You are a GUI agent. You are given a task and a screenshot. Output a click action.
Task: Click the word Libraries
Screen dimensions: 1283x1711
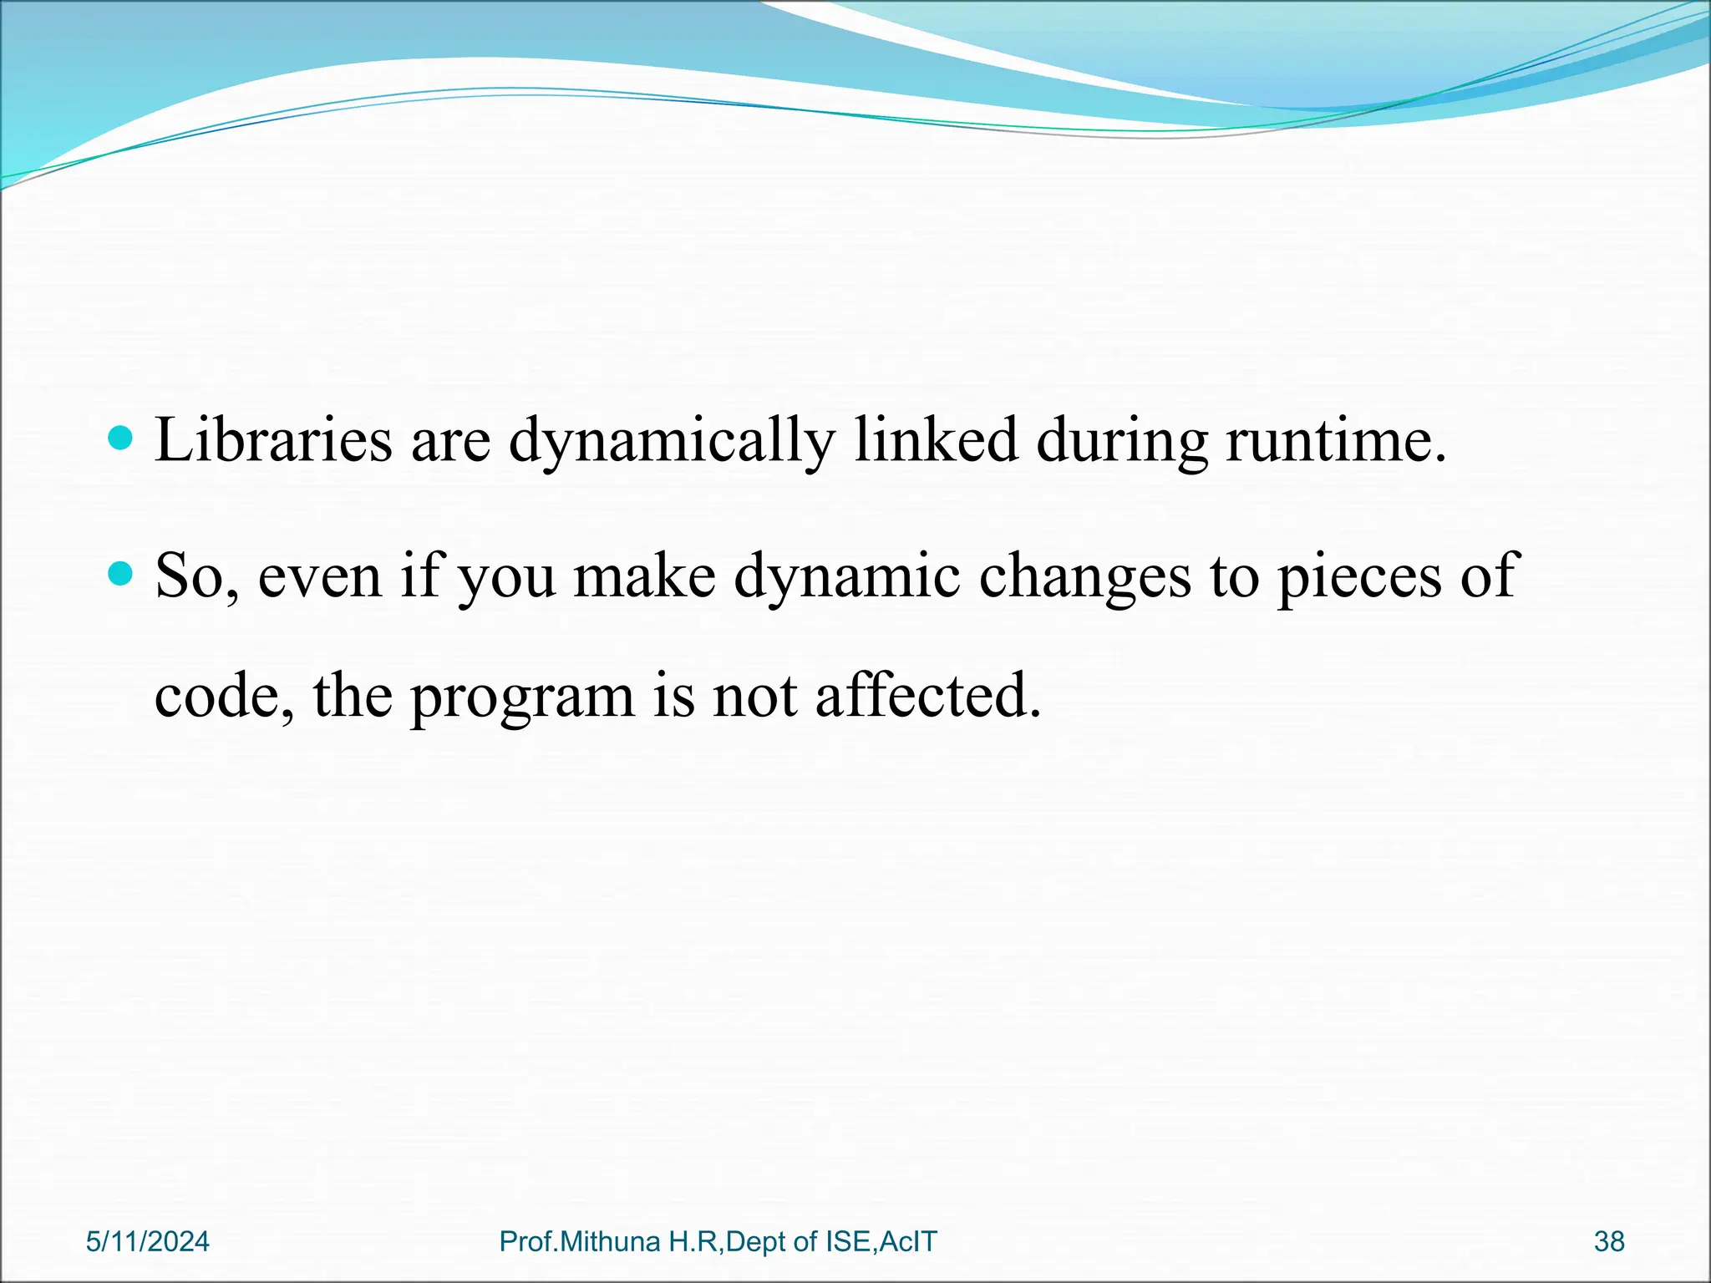(x=273, y=440)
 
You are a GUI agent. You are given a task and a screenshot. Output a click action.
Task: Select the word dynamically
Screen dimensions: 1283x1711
(x=672, y=440)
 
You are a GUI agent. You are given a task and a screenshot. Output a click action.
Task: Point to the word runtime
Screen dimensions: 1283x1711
(x=1335, y=440)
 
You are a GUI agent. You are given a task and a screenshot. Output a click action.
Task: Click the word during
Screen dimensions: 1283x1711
(x=1122, y=440)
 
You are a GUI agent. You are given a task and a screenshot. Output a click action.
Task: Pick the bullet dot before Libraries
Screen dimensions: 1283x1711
(x=121, y=437)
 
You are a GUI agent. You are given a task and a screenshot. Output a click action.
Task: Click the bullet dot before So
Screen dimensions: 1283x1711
(x=121, y=573)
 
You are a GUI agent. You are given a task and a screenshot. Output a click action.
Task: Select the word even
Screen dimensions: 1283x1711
(x=319, y=576)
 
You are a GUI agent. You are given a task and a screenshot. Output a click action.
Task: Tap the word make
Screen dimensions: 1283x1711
(x=643, y=576)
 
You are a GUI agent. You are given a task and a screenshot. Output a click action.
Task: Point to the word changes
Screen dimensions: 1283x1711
(x=1084, y=576)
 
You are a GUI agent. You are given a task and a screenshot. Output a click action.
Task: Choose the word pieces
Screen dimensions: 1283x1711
(x=1359, y=576)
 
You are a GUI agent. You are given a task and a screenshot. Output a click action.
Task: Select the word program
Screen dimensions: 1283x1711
(x=522, y=696)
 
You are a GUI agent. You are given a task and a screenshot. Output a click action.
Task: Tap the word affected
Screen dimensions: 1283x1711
(x=927, y=696)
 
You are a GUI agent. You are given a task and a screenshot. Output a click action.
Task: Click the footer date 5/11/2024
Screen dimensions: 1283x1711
(x=148, y=1242)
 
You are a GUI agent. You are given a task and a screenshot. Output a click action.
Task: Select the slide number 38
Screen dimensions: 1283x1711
(x=1609, y=1242)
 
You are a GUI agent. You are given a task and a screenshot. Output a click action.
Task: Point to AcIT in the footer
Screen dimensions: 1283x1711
(x=908, y=1242)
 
